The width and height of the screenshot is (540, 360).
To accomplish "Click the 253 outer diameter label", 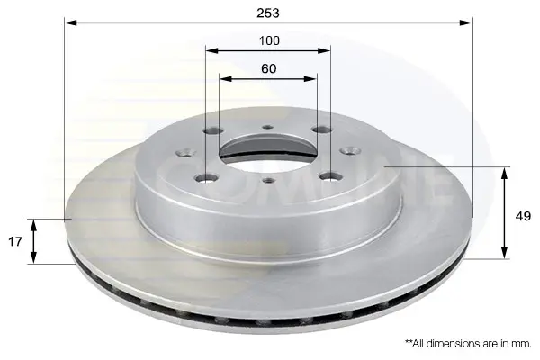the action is (x=268, y=13).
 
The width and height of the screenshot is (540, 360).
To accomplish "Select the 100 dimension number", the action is (x=269, y=40).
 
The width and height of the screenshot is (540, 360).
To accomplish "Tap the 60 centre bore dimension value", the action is (x=268, y=69).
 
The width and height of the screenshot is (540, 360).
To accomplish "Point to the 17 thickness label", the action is (x=15, y=241).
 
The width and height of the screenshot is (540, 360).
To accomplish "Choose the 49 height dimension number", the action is (x=523, y=216).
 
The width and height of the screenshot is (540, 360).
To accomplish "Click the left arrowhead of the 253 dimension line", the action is (x=70, y=22).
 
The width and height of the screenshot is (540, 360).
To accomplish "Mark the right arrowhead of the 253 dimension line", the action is (x=466, y=22).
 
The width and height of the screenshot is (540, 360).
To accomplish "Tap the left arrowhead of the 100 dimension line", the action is (x=211, y=51).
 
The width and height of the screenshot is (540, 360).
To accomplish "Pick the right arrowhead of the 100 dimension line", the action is (x=324, y=51).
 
